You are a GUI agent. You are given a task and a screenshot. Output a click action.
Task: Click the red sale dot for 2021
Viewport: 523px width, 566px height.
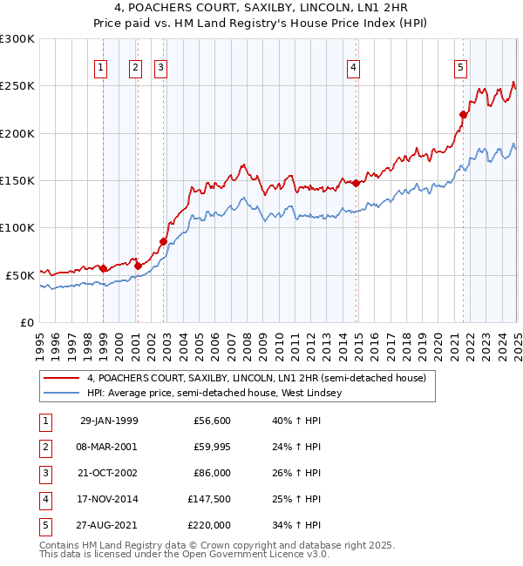click(x=464, y=114)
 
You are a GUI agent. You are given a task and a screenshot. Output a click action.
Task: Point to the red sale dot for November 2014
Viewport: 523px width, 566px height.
click(x=356, y=183)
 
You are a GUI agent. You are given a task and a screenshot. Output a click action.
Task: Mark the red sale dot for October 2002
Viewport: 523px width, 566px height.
click(x=163, y=241)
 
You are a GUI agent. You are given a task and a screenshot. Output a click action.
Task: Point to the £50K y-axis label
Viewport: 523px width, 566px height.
click(x=20, y=275)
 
